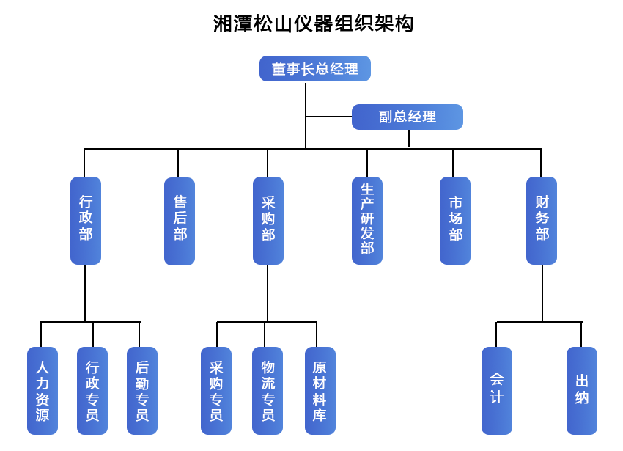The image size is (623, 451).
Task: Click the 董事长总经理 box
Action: tap(314, 69)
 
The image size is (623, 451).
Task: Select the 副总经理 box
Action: tap(407, 117)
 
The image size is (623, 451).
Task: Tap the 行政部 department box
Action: tap(86, 220)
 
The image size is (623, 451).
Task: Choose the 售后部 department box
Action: tap(180, 220)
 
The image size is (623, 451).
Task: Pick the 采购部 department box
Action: tap(268, 220)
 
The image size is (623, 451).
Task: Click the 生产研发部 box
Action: tap(367, 220)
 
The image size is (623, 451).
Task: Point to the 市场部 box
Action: tap(455, 220)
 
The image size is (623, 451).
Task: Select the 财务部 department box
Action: tap(542, 220)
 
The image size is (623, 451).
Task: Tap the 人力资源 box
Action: tap(43, 391)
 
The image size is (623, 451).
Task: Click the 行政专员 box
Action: tap(92, 391)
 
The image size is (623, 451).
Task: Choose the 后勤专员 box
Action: tap(142, 391)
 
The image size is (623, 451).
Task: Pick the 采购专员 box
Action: tap(216, 391)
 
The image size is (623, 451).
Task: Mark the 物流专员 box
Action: tap(268, 391)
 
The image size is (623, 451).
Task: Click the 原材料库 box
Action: tap(320, 391)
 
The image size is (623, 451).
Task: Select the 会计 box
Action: tap(497, 391)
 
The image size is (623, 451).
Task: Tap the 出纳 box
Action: tap(582, 391)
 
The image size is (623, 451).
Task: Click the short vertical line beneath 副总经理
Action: tap(408, 139)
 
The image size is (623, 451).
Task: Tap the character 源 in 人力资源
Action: tap(43, 416)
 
